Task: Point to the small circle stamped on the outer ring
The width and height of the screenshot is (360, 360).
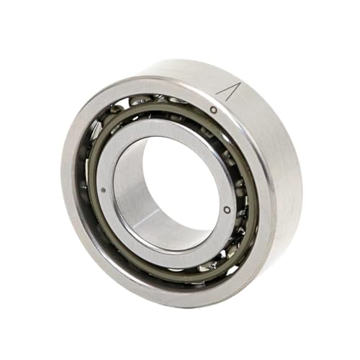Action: (x=213, y=109)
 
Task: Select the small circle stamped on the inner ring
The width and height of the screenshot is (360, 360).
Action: (x=227, y=210)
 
